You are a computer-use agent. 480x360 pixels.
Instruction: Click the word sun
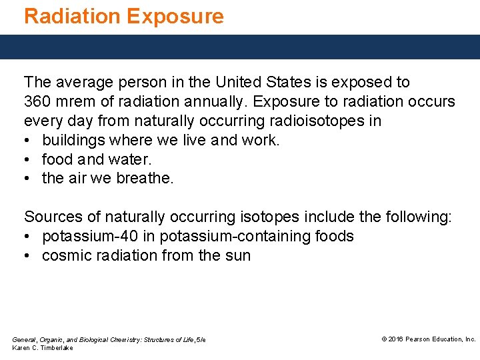[238, 255]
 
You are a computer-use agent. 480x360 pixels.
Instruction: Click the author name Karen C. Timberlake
[43, 348]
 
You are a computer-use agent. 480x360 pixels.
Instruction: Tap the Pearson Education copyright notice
[428, 339]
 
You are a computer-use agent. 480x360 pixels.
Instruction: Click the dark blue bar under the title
[240, 47]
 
